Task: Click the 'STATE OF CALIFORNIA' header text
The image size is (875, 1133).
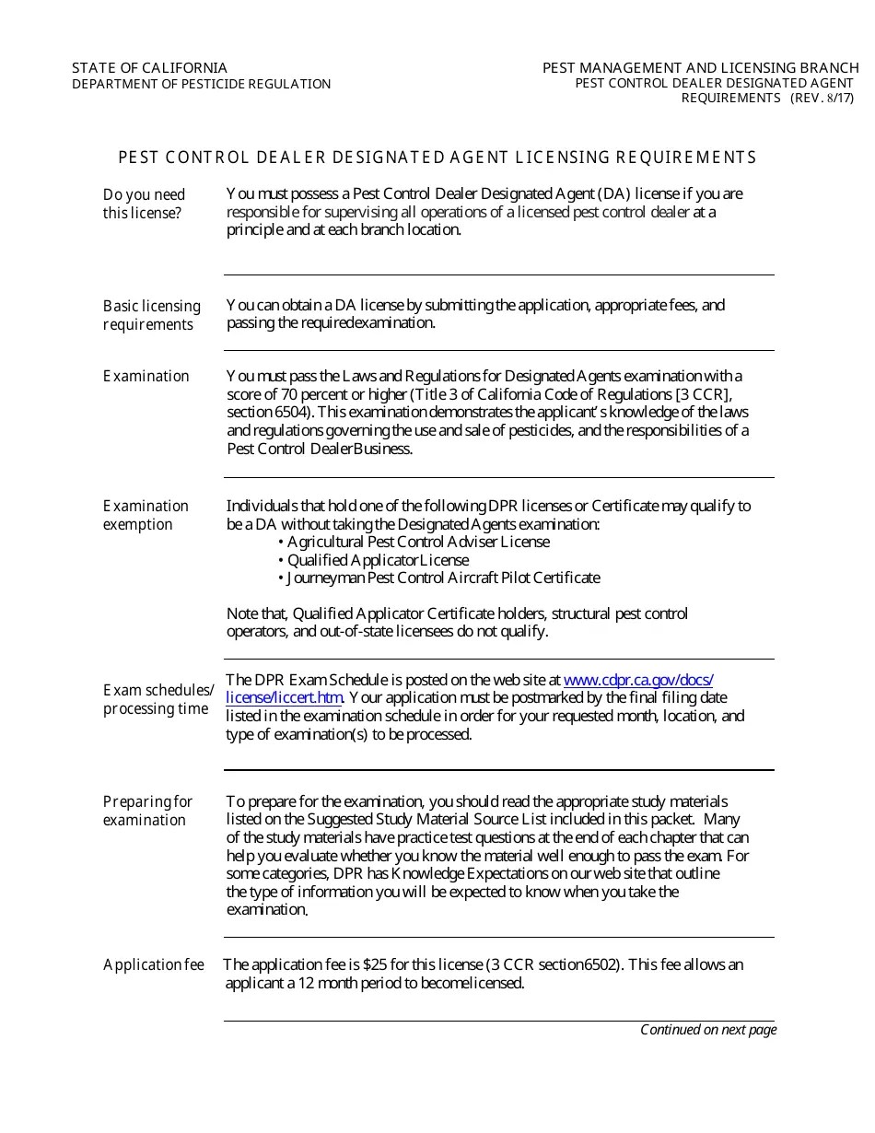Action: point(149,67)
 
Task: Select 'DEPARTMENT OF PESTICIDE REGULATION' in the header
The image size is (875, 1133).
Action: point(201,84)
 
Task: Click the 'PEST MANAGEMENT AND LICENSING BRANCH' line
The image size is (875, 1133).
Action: point(700,67)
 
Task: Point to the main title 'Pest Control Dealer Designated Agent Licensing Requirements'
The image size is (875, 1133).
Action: point(437,158)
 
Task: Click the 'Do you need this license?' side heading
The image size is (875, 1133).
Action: point(144,204)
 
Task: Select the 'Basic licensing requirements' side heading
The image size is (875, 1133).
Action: point(151,315)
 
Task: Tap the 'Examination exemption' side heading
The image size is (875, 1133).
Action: point(146,515)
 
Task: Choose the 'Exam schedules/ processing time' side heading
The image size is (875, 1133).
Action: point(157,699)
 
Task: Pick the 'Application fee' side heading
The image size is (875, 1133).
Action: point(153,964)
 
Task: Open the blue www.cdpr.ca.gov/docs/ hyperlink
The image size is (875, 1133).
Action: point(637,680)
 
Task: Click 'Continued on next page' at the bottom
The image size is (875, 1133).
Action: point(708,1030)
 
